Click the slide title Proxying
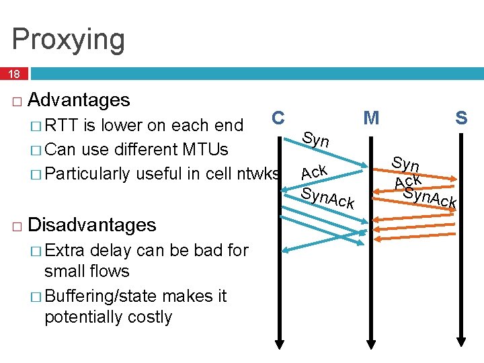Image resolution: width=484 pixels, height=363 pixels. (x=68, y=39)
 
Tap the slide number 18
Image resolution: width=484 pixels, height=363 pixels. (x=14, y=74)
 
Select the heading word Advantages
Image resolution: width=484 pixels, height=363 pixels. (x=79, y=100)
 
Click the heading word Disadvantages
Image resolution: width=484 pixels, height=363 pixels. (x=91, y=225)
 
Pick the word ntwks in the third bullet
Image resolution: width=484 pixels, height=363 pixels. (x=259, y=173)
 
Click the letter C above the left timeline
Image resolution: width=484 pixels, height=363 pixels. (x=278, y=118)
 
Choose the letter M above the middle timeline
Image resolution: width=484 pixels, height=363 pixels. (x=371, y=118)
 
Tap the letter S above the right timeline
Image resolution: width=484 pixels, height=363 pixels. (x=461, y=118)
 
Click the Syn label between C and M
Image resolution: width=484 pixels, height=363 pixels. (x=315, y=140)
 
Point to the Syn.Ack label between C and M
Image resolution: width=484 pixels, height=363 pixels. (x=327, y=197)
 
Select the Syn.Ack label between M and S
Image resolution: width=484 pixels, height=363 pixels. (x=430, y=198)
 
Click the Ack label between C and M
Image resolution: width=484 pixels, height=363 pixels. (x=313, y=171)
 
